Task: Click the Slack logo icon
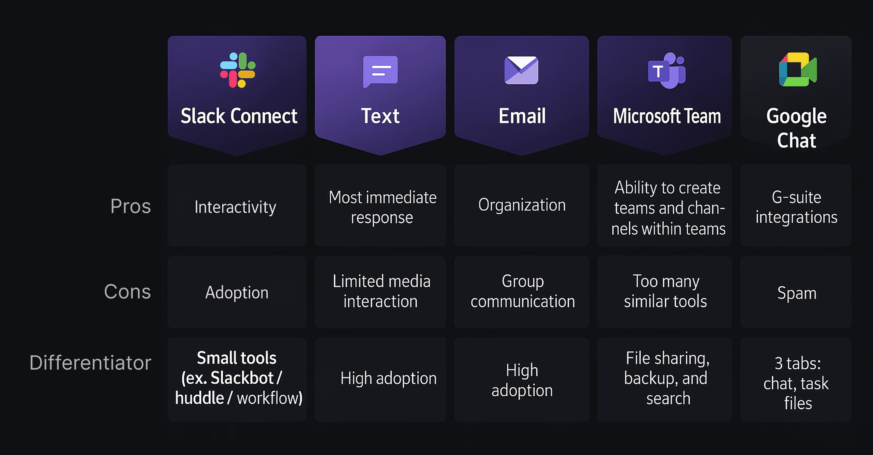pos(238,70)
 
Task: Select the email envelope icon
pos(521,70)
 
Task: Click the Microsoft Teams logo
pos(666,70)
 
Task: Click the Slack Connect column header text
pos(239,116)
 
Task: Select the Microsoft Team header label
pos(667,116)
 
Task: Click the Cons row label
pos(127,292)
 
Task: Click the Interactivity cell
pos(235,207)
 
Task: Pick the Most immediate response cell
pos(382,207)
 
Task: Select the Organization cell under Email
pos(522,205)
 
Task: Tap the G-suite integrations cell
pos(796,207)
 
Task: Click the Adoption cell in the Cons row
pos(237,292)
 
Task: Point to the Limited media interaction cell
pos(381,291)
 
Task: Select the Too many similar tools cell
pos(666,291)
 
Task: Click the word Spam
pos(797,293)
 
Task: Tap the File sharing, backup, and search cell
pos(667,378)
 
